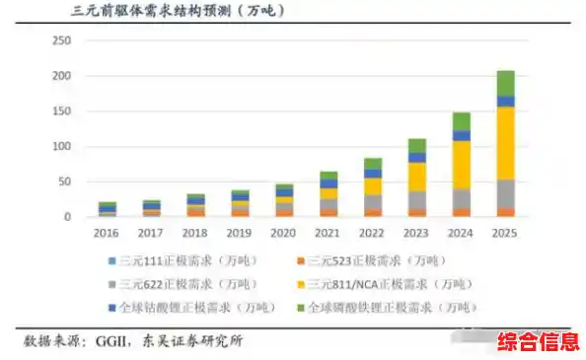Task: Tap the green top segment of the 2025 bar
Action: coord(505,83)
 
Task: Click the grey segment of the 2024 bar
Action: coord(461,197)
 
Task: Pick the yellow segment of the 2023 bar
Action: coord(416,177)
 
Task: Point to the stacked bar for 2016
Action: coord(107,208)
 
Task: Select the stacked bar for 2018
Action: coord(195,205)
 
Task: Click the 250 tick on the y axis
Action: coord(62,40)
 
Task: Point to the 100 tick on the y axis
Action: coord(62,146)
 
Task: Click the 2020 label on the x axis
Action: coord(284,234)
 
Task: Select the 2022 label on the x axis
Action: coord(372,234)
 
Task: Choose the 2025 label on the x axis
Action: coord(505,234)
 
